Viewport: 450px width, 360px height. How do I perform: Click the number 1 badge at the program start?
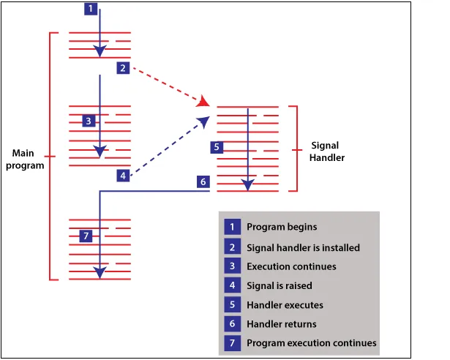pos(91,9)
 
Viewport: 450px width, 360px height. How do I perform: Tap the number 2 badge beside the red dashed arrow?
pos(123,68)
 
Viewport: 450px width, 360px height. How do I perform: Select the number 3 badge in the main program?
pos(89,121)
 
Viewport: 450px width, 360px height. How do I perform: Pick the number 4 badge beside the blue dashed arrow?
pos(123,176)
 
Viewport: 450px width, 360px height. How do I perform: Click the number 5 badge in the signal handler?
pos(217,147)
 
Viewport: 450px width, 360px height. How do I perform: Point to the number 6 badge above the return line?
pos(203,181)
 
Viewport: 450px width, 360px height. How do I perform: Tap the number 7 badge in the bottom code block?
pos(86,236)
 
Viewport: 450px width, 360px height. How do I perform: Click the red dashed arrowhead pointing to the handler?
pos(203,102)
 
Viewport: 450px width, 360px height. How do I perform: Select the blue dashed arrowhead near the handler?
pos(204,121)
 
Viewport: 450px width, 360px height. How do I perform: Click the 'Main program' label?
pos(25,160)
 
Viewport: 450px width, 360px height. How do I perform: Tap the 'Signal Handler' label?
pos(327,151)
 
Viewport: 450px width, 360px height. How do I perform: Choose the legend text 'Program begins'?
pos(282,227)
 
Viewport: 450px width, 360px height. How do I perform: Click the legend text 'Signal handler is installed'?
pos(304,247)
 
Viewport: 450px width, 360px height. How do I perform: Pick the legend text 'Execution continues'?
pos(291,266)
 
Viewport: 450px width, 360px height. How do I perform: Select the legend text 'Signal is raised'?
pos(280,285)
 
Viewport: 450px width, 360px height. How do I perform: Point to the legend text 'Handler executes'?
pos(285,305)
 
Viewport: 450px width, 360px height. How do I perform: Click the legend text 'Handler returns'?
pos(282,324)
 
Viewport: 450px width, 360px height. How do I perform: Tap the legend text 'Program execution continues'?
pos(312,343)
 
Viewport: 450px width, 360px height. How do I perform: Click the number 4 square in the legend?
pos(233,285)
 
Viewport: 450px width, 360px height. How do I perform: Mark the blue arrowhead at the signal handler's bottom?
pos(247,184)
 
